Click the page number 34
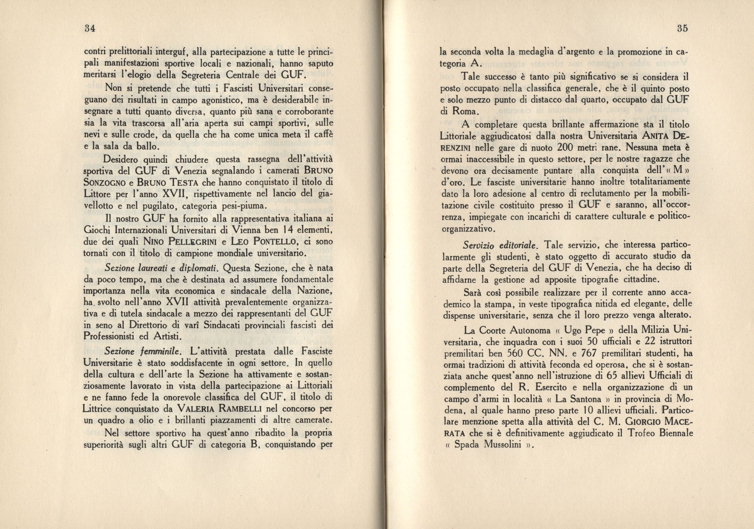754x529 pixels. click(89, 29)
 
